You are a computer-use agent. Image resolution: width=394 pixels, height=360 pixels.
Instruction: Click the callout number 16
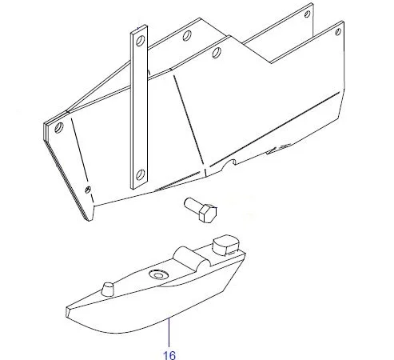point(169,355)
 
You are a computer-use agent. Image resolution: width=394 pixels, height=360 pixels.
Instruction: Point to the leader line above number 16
point(169,332)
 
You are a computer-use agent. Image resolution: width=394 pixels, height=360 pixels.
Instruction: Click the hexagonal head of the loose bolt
point(208,214)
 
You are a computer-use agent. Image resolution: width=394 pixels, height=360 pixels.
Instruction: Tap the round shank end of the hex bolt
point(188,202)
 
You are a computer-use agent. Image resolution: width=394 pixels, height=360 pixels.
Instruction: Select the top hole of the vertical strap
point(140,41)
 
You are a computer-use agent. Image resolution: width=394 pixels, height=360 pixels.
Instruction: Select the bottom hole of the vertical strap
point(140,174)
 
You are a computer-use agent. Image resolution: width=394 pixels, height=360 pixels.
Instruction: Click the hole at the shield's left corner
point(58,127)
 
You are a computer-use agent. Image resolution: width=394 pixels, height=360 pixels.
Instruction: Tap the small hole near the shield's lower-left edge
point(88,190)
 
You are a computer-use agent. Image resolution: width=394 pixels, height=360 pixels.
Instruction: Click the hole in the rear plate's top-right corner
point(307,14)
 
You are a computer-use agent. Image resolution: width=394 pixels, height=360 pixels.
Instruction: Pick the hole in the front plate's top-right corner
point(338,32)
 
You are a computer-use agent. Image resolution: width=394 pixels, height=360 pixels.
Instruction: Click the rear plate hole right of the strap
point(187,35)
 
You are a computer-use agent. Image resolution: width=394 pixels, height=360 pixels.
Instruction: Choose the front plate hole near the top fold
point(217,52)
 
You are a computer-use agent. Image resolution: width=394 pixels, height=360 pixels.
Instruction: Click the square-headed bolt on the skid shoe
point(226,245)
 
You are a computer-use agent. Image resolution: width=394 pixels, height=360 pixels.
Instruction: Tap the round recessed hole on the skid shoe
point(158,274)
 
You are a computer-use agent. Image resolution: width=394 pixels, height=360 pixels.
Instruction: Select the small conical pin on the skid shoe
point(107,289)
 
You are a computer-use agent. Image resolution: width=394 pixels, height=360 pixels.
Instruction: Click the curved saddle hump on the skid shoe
point(190,257)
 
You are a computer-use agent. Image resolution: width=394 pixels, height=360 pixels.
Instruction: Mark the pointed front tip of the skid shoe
point(67,312)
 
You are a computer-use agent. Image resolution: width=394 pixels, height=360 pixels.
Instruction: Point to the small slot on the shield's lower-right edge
point(279,149)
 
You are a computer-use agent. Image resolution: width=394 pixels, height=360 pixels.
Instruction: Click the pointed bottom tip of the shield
point(90,220)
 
